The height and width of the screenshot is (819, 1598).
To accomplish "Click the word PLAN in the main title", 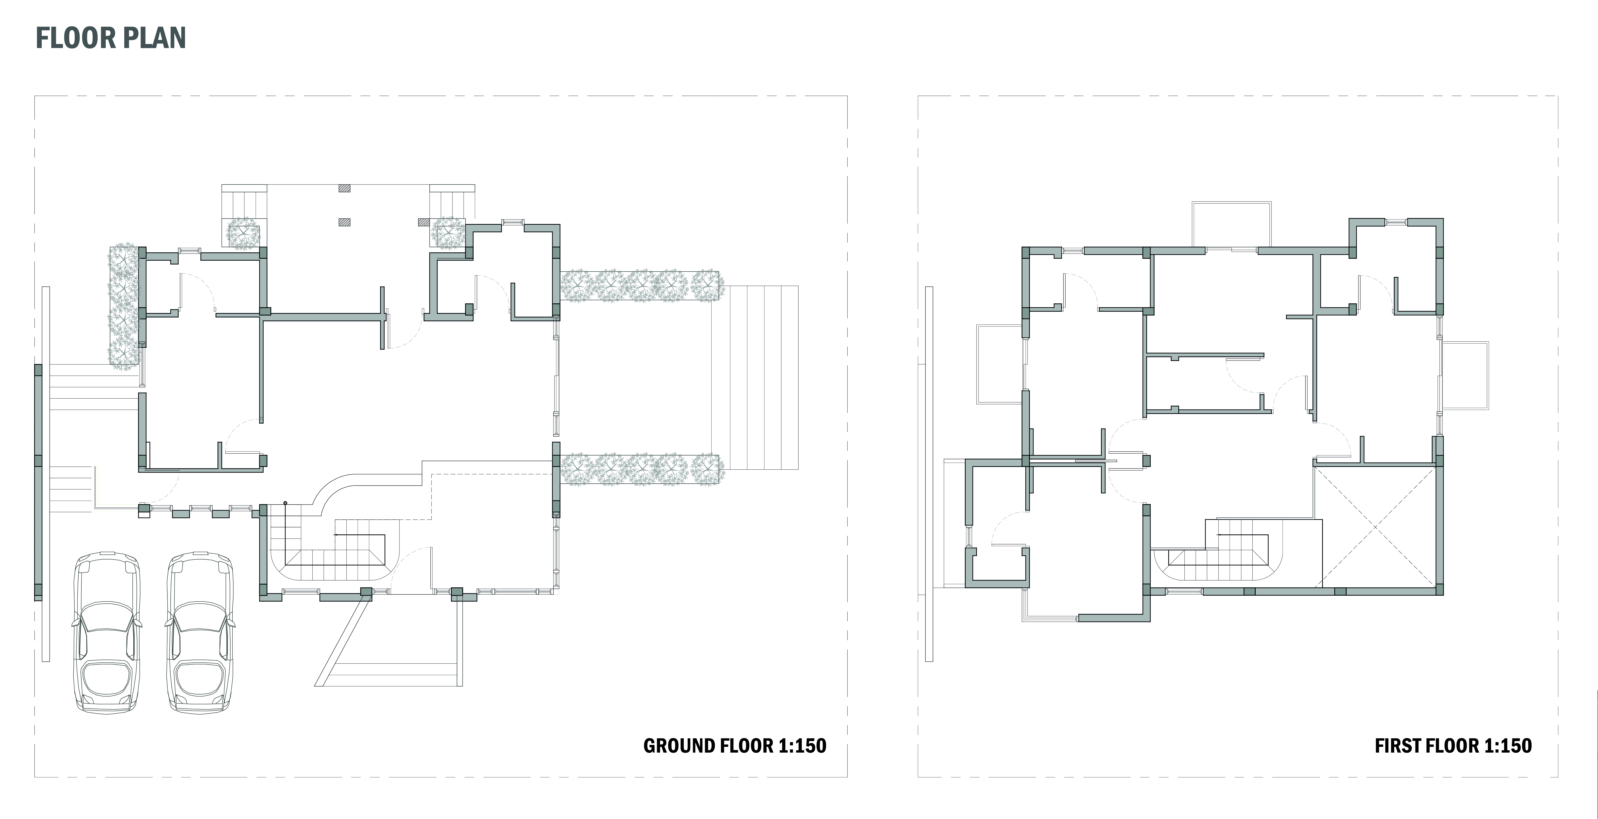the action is [153, 38].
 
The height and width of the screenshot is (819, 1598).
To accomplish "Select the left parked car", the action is [107, 631].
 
